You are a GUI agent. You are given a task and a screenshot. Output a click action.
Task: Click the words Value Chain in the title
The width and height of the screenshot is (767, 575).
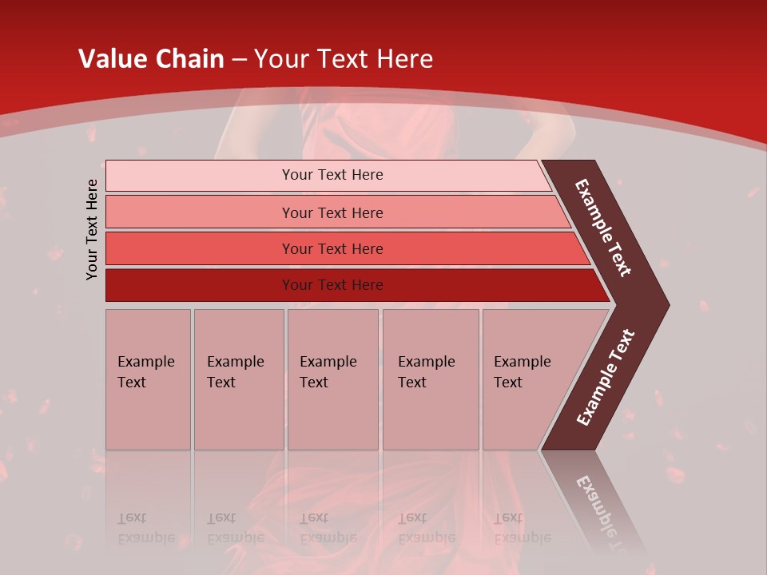pyautogui.click(x=151, y=59)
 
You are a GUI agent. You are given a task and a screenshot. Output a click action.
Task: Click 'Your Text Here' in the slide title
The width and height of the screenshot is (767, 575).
pyautogui.click(x=344, y=59)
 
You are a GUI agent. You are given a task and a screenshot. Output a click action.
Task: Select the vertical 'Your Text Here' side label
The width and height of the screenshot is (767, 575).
pyautogui.click(x=92, y=229)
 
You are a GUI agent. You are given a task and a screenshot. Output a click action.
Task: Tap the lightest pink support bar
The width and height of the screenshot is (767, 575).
pyautogui.click(x=200, y=176)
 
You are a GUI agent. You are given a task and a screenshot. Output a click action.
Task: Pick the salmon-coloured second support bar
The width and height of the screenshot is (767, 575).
pyautogui.click(x=200, y=212)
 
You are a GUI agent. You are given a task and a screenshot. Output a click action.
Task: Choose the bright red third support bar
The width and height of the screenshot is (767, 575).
pyautogui.click(x=200, y=248)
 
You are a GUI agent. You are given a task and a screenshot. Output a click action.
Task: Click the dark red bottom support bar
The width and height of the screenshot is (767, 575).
pyautogui.click(x=200, y=285)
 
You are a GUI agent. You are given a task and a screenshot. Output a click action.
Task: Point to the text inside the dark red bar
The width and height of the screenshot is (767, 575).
pyautogui.click(x=332, y=285)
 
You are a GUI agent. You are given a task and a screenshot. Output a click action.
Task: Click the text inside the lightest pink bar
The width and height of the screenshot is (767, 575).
pyautogui.click(x=332, y=175)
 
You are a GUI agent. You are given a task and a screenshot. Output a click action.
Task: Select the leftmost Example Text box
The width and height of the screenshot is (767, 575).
pyautogui.click(x=148, y=379)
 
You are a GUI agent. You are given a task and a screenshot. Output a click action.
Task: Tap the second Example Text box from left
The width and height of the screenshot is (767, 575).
pyautogui.click(x=238, y=379)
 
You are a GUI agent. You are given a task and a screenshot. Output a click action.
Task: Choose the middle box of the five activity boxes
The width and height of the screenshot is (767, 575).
pyautogui.click(x=332, y=379)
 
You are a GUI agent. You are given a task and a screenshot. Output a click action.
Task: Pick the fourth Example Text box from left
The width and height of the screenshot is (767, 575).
pyautogui.click(x=430, y=379)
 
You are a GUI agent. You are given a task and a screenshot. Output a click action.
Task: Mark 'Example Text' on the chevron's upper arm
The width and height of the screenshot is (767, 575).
pyautogui.click(x=603, y=228)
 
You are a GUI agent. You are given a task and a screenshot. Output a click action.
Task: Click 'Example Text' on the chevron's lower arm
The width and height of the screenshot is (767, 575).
pyautogui.click(x=605, y=378)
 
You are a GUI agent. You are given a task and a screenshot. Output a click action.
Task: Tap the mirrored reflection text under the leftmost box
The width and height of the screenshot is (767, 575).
pyautogui.click(x=146, y=527)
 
